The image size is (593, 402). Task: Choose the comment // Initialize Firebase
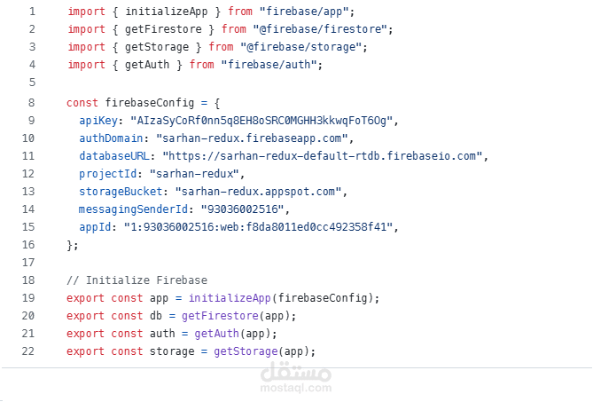pos(137,280)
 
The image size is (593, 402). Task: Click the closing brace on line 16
pos(71,244)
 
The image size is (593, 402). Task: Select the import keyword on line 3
pos(86,47)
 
